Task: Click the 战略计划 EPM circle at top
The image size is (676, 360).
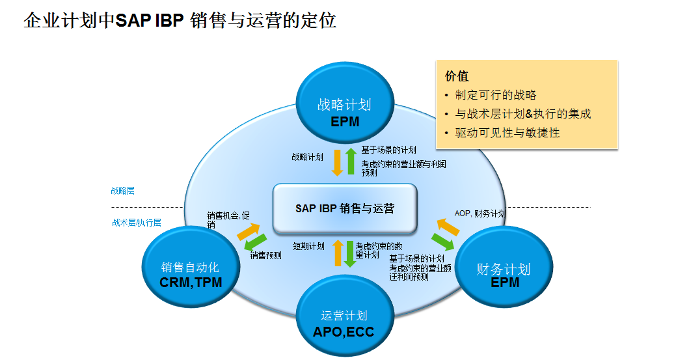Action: tap(344, 111)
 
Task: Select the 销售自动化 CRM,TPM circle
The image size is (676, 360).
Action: tap(190, 274)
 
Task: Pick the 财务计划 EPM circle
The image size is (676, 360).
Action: tap(504, 274)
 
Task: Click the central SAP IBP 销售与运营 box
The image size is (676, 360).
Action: tap(344, 208)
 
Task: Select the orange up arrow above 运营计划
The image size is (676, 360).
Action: tap(338, 253)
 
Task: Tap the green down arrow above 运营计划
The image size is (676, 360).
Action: tap(350, 254)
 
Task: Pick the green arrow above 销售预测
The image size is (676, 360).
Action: tap(254, 243)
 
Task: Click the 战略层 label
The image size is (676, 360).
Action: tap(122, 191)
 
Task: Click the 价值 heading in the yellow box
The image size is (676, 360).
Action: tap(456, 76)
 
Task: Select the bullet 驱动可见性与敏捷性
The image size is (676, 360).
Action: tap(507, 133)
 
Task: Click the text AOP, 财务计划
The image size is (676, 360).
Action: tap(480, 214)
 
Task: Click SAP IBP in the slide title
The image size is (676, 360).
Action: tap(150, 20)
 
